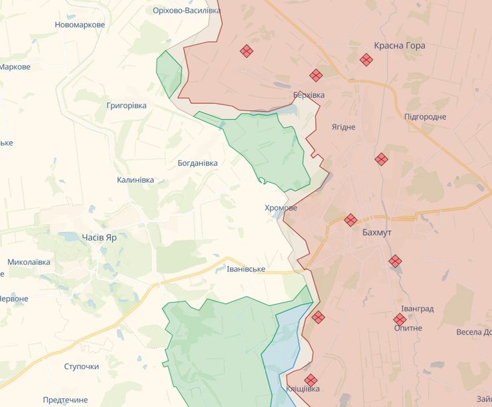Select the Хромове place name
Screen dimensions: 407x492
[x=281, y=208]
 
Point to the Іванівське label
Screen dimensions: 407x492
[x=246, y=269]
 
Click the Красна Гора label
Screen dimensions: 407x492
[x=400, y=46]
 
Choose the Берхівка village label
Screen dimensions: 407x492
[x=308, y=95]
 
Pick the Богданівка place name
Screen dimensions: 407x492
[x=197, y=163]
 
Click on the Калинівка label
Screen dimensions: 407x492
[x=135, y=180]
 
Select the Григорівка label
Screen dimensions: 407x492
[x=126, y=106]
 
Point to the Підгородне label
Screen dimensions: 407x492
[x=425, y=117]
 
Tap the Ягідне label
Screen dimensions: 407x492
[x=344, y=127]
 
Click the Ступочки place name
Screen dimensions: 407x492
[x=82, y=366]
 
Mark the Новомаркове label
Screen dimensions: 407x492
[x=80, y=25]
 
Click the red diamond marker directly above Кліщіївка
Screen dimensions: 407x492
[x=310, y=380]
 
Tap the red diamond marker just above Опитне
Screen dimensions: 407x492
[x=400, y=319]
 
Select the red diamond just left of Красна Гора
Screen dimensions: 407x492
[x=366, y=60]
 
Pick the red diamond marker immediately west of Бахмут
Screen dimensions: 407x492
[x=350, y=219]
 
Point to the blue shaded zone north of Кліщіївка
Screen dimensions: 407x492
[x=284, y=346]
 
